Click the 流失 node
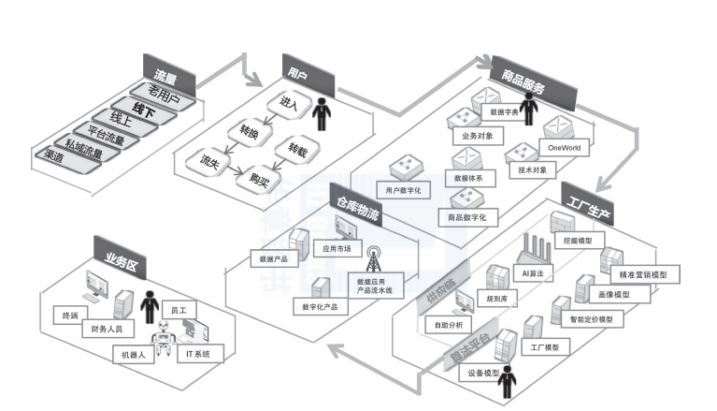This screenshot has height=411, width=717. (x=209, y=161)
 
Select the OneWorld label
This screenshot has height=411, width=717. (x=564, y=148)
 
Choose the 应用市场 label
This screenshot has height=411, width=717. (x=337, y=248)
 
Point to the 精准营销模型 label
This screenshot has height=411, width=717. (x=643, y=274)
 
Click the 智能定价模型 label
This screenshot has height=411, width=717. (x=591, y=319)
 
